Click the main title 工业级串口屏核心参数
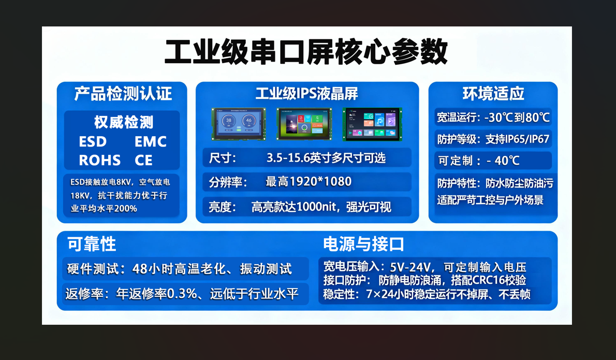pos(306,51)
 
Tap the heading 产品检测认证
pos(123,94)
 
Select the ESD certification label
pos(93,141)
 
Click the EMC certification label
pos(151,141)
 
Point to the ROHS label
pos(100,161)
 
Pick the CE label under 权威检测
pos(143,161)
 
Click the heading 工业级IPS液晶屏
pos(307,94)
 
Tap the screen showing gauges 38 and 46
pos(239,124)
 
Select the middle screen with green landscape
pos(304,124)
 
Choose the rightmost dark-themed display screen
pos(372,124)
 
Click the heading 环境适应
pos(493,94)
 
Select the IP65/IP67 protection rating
pos(527,139)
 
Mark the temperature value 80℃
pos(537,117)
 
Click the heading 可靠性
pos(92,244)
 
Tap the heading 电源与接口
pos(364,244)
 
